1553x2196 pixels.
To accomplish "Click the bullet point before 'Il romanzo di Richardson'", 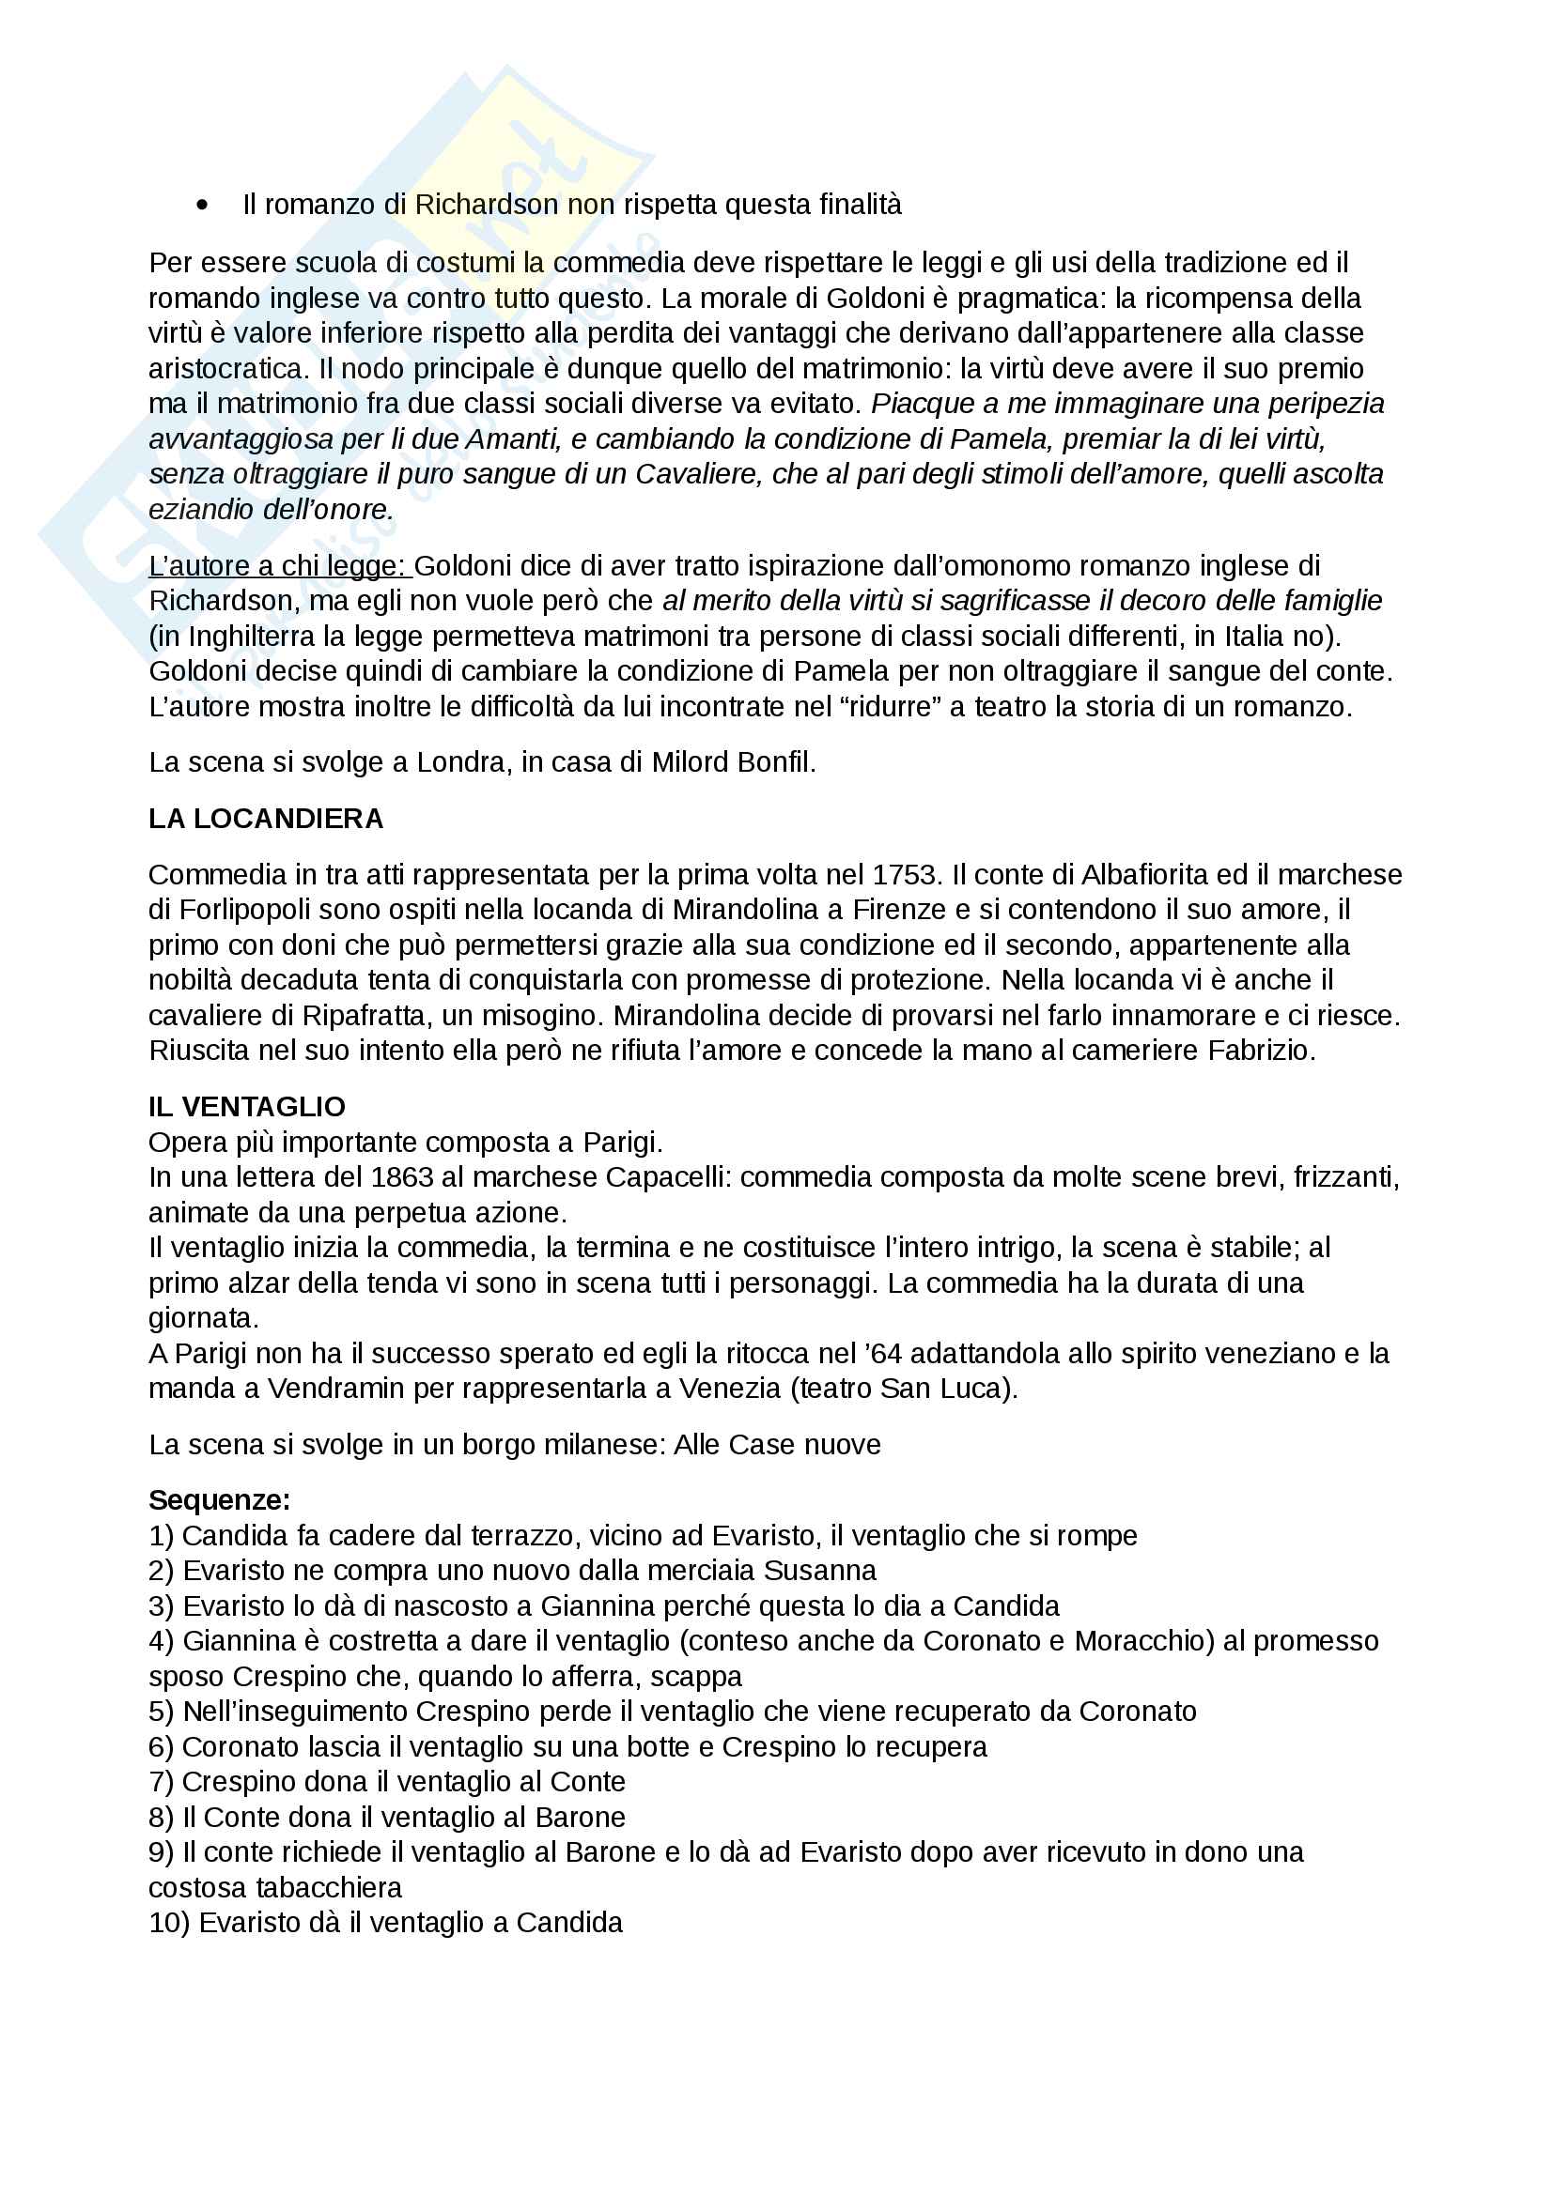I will [x=202, y=205].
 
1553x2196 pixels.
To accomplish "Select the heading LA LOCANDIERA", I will [x=265, y=819].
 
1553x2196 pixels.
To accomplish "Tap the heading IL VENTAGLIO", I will [x=246, y=1107].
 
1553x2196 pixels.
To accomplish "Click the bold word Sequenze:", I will [x=219, y=1499].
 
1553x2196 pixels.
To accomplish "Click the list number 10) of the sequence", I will [x=169, y=1923].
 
